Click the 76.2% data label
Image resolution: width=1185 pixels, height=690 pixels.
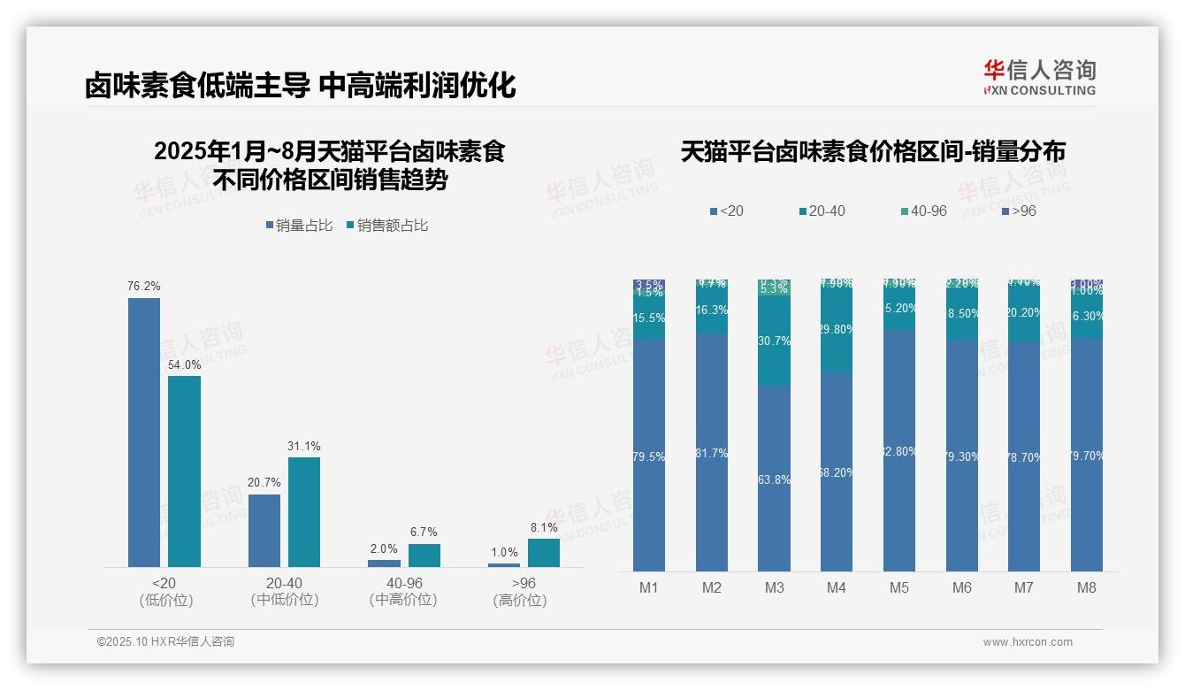144,287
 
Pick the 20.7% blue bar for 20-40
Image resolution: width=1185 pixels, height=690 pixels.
264,530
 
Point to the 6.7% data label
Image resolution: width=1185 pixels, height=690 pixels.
424,533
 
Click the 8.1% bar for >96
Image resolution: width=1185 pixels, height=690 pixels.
544,553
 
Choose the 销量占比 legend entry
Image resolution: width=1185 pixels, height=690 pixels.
300,226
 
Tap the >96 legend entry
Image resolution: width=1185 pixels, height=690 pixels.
1020,211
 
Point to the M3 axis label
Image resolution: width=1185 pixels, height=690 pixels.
775,587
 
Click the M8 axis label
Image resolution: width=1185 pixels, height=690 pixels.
1087,587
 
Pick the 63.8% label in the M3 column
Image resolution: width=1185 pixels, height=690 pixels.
775,479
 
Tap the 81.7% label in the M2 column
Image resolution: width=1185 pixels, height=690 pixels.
712,453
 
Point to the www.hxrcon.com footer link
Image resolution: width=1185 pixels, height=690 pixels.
1028,642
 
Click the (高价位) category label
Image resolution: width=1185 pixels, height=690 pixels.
520,601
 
